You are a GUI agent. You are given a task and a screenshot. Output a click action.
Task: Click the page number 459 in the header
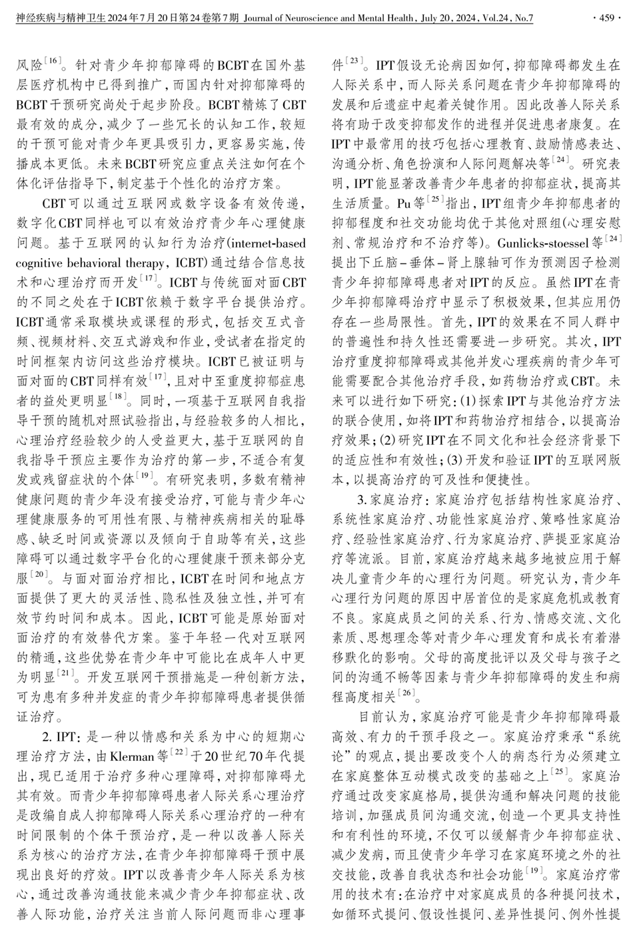(606, 18)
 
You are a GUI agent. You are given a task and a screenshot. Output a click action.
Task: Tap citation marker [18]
(117, 396)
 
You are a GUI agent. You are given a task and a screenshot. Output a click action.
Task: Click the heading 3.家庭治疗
(396, 499)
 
